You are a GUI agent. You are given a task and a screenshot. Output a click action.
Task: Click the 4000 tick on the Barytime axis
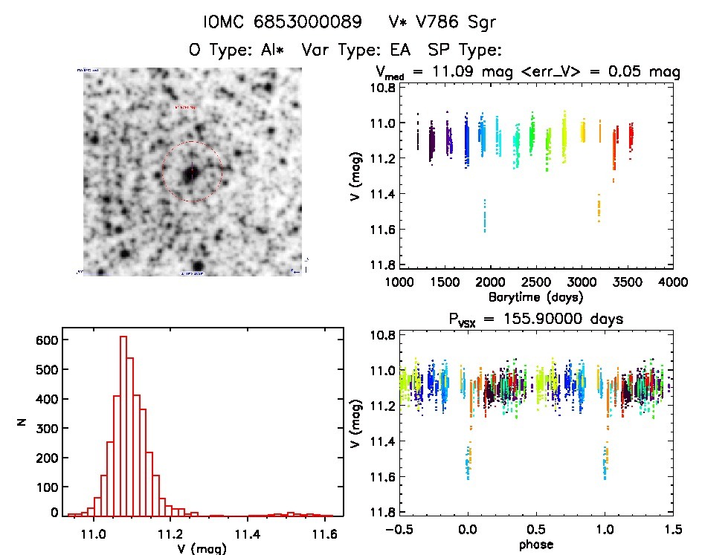673,282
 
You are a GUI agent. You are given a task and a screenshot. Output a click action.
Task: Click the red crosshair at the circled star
192,172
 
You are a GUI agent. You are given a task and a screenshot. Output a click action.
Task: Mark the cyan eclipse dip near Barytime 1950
485,215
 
